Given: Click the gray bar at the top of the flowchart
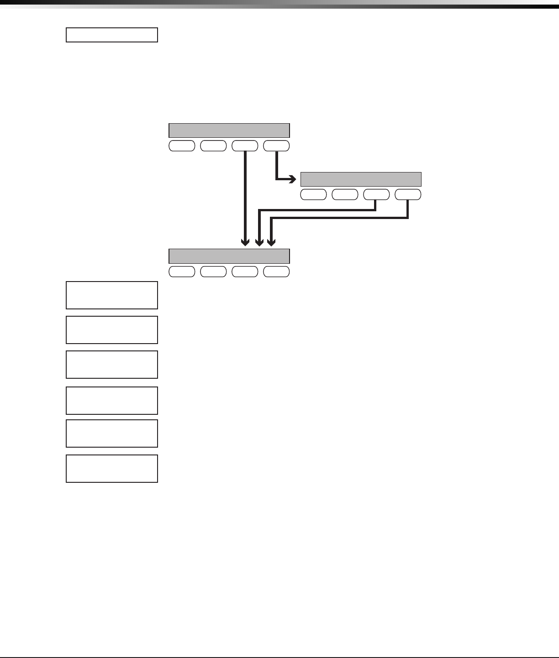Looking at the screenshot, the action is [x=229, y=131].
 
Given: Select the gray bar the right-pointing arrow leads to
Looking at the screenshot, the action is [x=361, y=179].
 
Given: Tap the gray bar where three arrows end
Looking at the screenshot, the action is [x=229, y=256].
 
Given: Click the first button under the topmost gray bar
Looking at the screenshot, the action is [x=182, y=146].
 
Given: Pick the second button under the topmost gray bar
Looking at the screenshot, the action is [x=213, y=146].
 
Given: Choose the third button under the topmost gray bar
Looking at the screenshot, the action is [x=245, y=146].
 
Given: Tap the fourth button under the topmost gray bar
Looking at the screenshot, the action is [x=276, y=146].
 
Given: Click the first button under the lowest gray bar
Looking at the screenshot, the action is [x=182, y=272].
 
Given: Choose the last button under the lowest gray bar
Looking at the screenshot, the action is [x=276, y=272].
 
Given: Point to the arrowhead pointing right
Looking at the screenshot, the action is [x=293, y=179].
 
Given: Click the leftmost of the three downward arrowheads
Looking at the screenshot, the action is [x=246, y=243].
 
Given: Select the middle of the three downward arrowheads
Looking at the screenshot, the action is [x=259, y=243].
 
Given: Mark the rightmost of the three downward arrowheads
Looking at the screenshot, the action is [x=271, y=243].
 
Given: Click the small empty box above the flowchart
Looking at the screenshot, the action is [x=112, y=35].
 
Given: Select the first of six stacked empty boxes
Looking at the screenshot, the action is [x=112, y=295].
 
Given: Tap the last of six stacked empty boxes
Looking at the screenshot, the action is [x=112, y=469].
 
